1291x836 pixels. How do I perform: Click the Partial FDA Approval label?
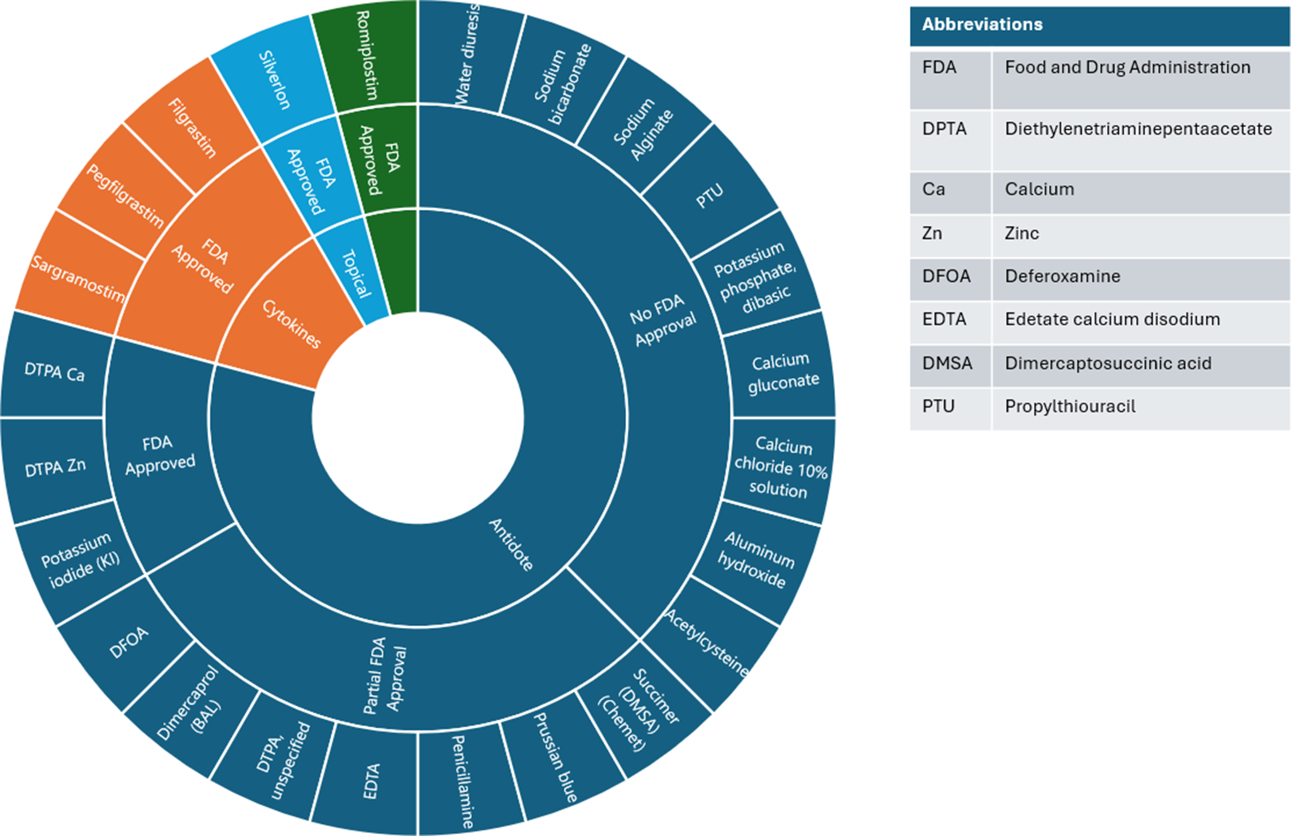tap(385, 679)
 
